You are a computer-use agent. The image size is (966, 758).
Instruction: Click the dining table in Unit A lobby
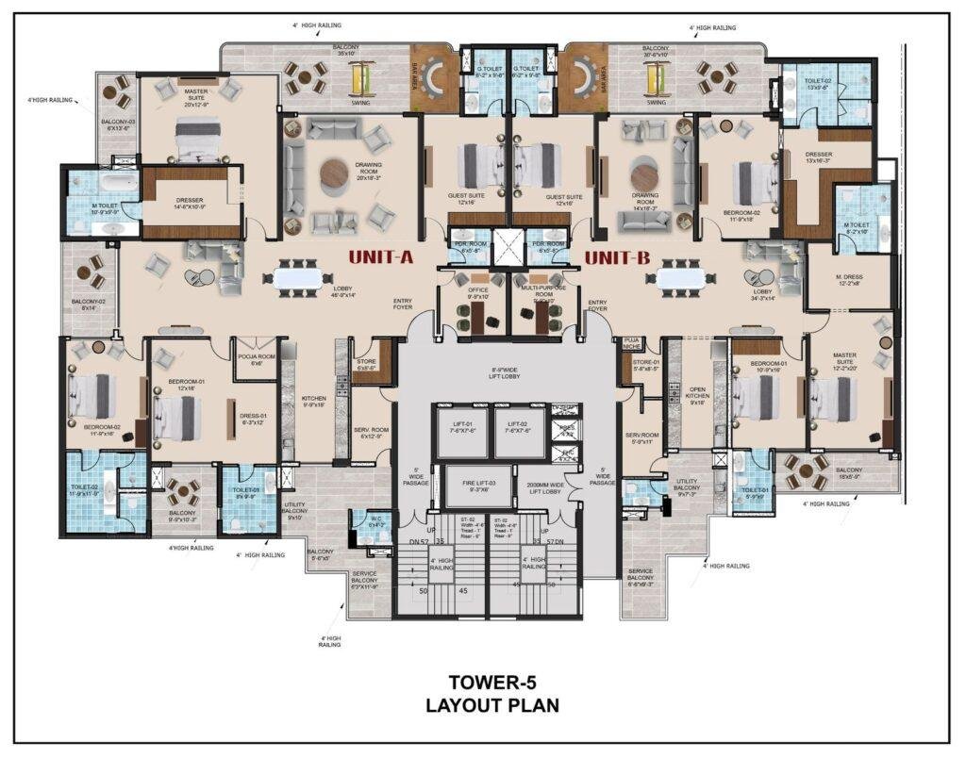[300, 277]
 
